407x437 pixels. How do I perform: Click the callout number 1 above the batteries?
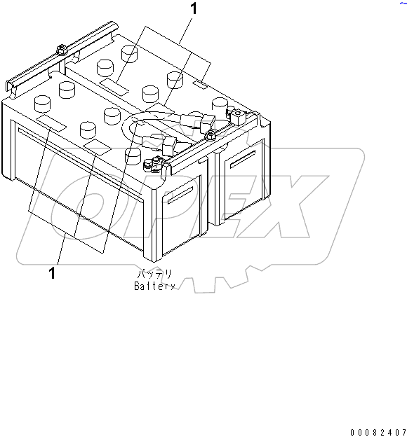tap(193, 8)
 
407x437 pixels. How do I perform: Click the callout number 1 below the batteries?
tap(52, 273)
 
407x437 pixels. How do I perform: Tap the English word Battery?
tap(154, 286)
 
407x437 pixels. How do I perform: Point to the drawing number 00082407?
tap(378, 432)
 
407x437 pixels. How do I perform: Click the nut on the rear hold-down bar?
tap(61, 50)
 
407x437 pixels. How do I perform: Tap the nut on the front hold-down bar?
tap(209, 135)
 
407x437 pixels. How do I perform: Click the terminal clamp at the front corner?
tap(152, 164)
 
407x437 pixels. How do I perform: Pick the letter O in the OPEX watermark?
tap(84, 206)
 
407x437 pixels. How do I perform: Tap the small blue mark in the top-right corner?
tap(403, 3)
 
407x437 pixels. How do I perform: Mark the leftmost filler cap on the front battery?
tap(42, 104)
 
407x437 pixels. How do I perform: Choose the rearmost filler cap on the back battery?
tap(130, 54)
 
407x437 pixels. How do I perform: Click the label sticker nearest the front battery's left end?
tap(51, 123)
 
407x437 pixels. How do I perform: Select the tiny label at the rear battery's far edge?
tap(201, 85)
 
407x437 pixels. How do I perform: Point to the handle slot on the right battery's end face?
tap(243, 159)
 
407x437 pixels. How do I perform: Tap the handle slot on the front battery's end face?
tap(180, 195)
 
